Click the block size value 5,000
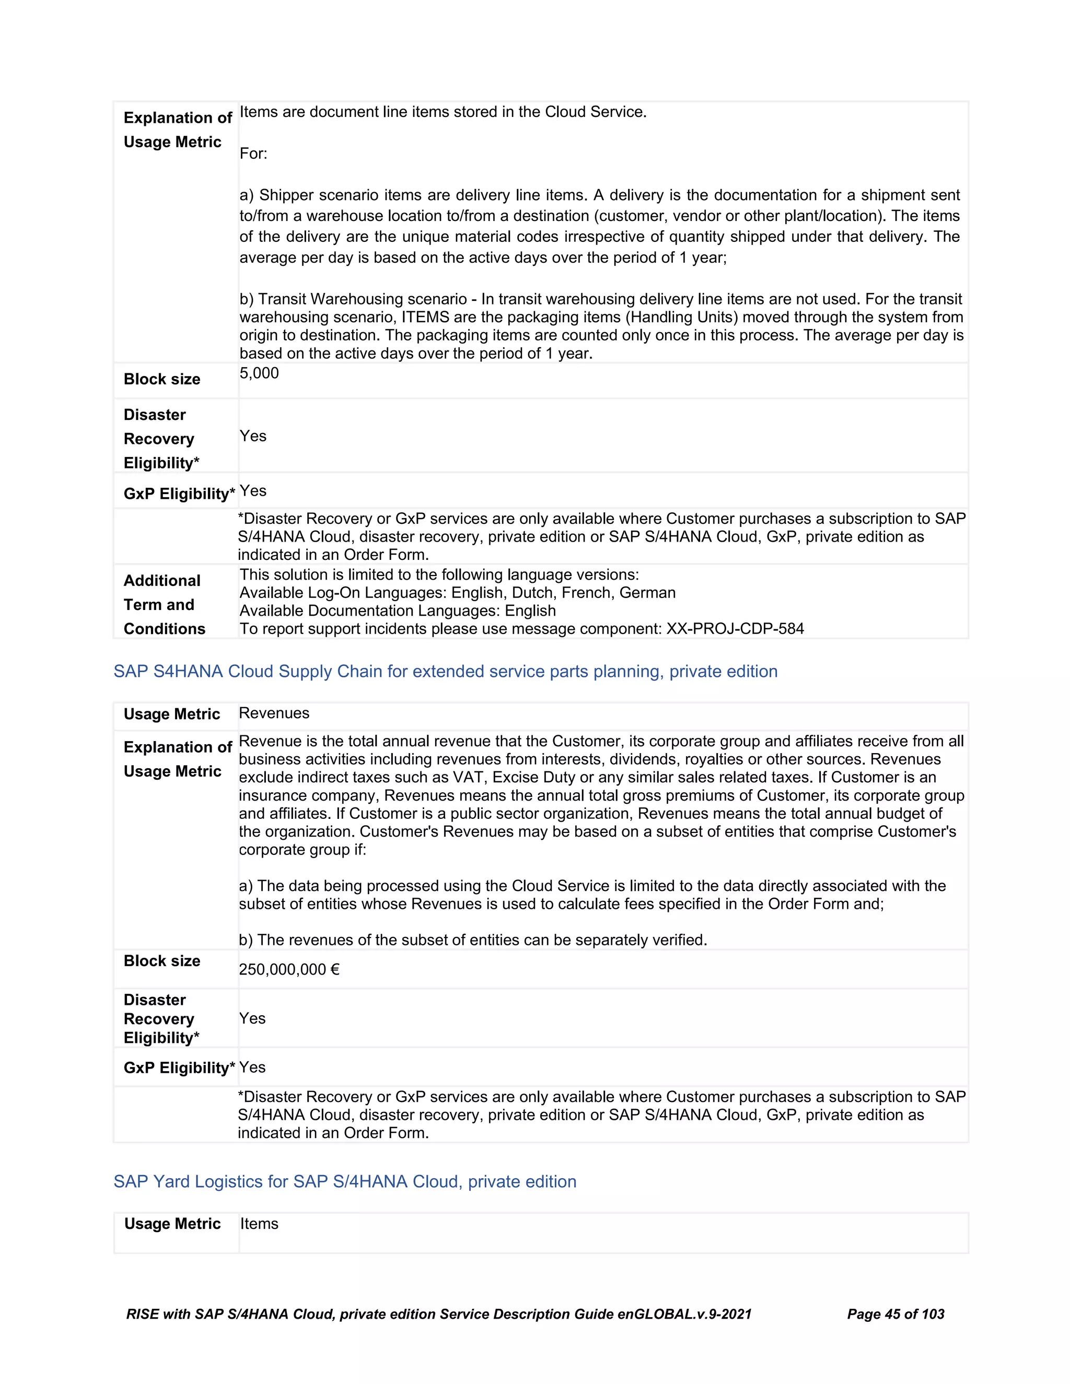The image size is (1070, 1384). pyautogui.click(x=259, y=373)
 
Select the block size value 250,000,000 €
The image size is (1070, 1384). pyautogui.click(x=289, y=969)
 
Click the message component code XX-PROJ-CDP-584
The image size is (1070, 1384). pyautogui.click(x=735, y=629)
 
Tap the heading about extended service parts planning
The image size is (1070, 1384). pyautogui.click(x=445, y=671)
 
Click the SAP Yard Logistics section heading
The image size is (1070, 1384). pyautogui.click(x=345, y=1181)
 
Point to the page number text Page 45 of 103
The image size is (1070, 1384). pyautogui.click(x=895, y=1313)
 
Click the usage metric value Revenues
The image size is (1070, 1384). pyautogui.click(x=274, y=713)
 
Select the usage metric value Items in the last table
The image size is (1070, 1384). pyautogui.click(x=259, y=1224)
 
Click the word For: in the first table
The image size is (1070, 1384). pyautogui.click(x=253, y=154)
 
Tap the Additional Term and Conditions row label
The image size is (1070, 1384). pyautogui.click(x=164, y=605)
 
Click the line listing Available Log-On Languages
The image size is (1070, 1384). pyautogui.click(x=457, y=593)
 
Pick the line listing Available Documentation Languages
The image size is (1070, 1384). pyautogui.click(x=398, y=611)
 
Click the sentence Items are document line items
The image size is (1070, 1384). pyautogui.click(x=443, y=112)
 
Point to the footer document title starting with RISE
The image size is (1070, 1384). pyautogui.click(x=439, y=1313)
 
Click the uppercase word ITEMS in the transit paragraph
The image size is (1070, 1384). pyautogui.click(x=425, y=317)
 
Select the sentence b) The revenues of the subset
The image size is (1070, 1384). pyautogui.click(x=472, y=940)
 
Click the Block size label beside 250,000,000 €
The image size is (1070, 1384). pyautogui.click(x=161, y=960)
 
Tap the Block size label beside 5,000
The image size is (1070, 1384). pyautogui.click(x=161, y=379)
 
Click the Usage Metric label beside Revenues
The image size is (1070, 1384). pyautogui.click(x=172, y=714)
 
